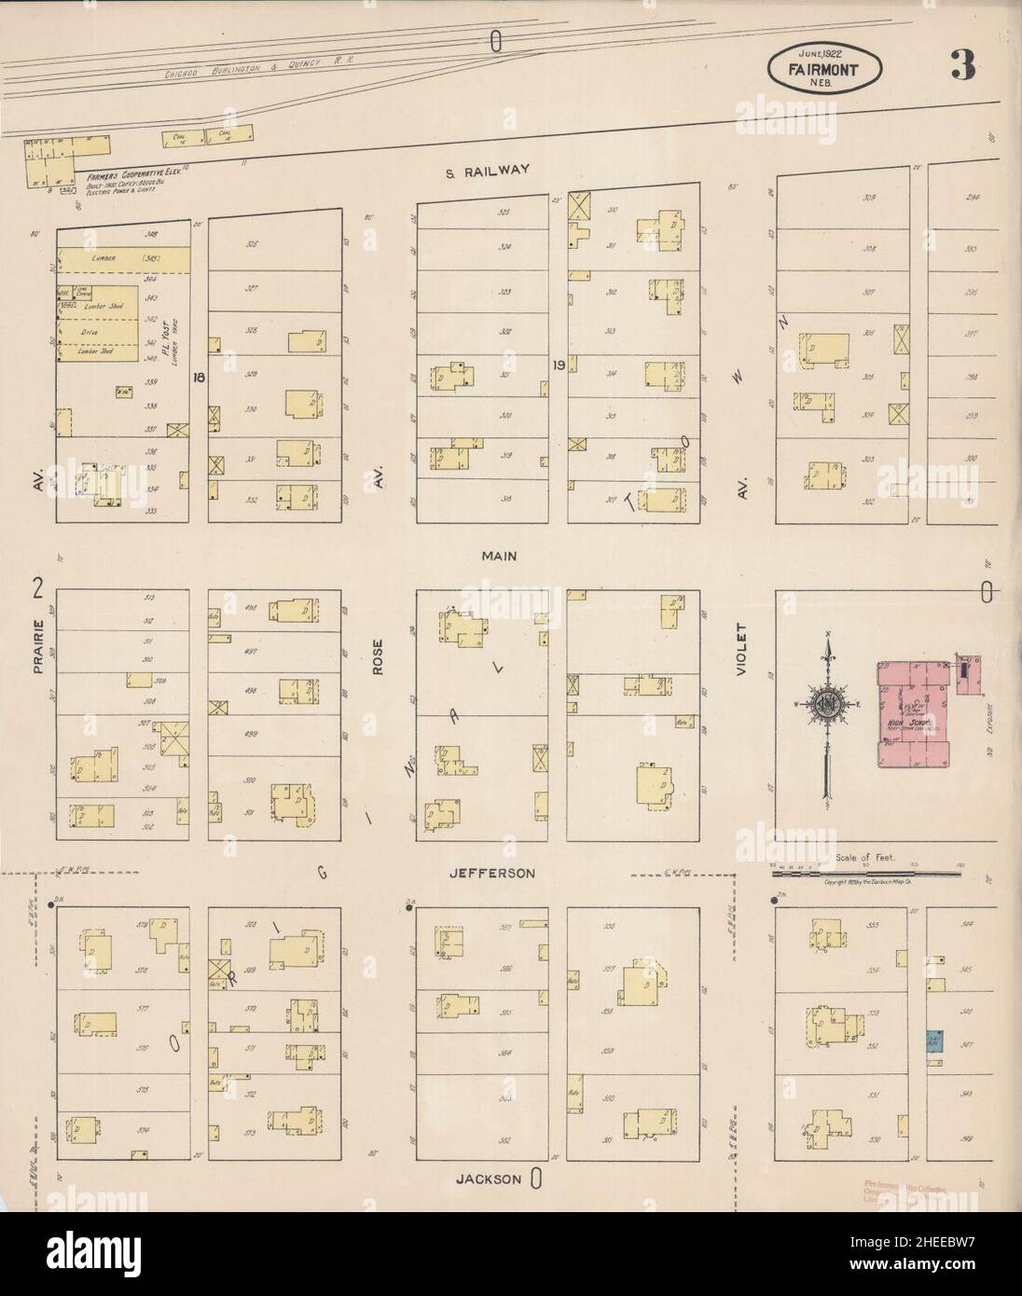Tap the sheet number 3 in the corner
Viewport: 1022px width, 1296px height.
click(x=963, y=66)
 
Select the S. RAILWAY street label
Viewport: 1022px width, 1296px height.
click(x=487, y=170)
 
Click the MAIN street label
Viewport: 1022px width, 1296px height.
click(x=499, y=556)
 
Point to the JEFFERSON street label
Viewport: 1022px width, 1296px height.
click(x=491, y=874)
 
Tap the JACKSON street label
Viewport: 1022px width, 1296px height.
click(x=488, y=1179)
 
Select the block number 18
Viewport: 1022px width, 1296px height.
click(x=197, y=378)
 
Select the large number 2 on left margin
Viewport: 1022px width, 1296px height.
click(x=38, y=587)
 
